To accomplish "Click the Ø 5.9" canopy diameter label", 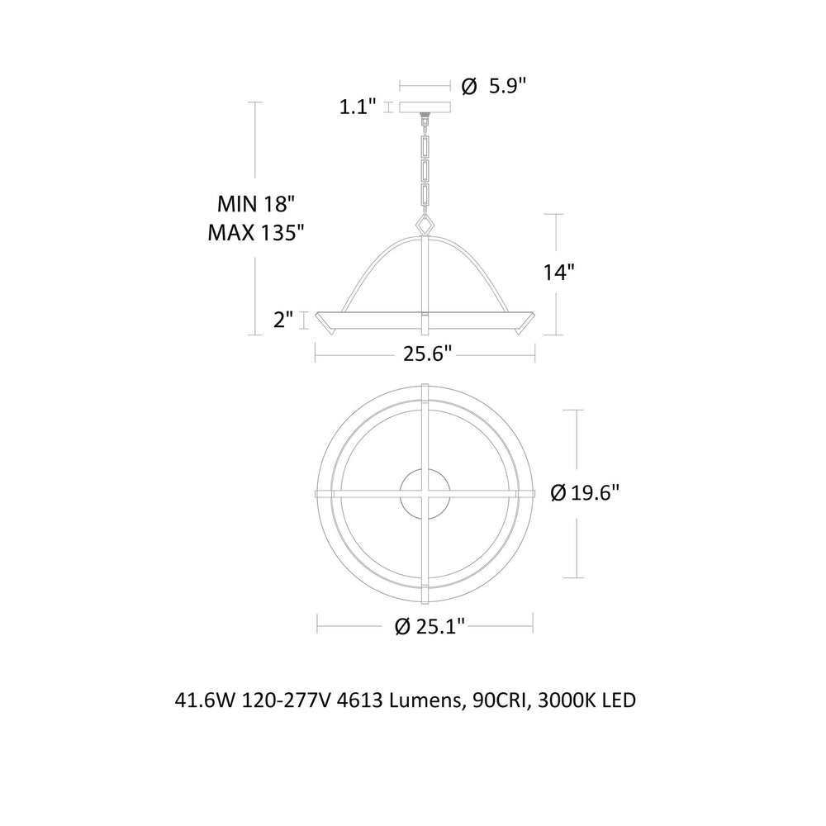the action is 494,85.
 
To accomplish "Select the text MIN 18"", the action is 255,203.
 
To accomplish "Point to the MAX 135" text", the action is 256,232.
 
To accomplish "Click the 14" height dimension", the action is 558,272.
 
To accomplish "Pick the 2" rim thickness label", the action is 282,319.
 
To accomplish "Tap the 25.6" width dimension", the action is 428,354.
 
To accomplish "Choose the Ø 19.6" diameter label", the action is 584,493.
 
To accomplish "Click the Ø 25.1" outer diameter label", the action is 430,626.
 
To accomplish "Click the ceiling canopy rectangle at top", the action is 425,107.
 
